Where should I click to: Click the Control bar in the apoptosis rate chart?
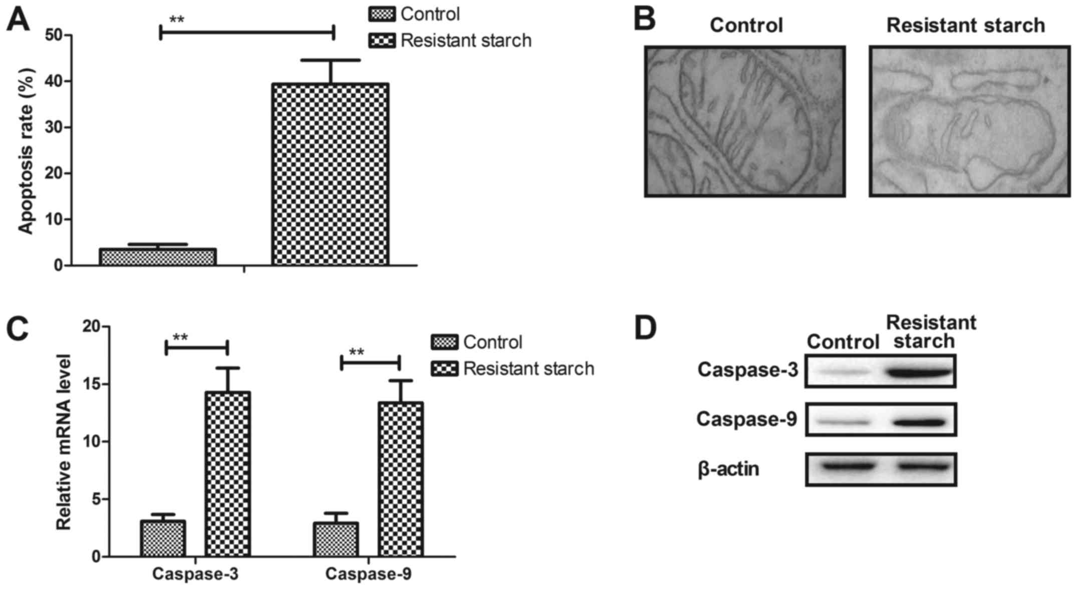158,257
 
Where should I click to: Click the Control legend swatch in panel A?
382,15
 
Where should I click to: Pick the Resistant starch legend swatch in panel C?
444,369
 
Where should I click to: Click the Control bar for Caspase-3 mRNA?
163,538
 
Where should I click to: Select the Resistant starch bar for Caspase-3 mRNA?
228,474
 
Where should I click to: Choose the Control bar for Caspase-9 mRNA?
336,539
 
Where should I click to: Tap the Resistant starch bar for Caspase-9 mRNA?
401,479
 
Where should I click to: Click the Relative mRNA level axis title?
64,442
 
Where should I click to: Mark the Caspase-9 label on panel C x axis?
368,574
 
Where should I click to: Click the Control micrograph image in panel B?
744,121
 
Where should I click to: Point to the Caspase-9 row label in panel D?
746,419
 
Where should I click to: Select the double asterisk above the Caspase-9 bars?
356,352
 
